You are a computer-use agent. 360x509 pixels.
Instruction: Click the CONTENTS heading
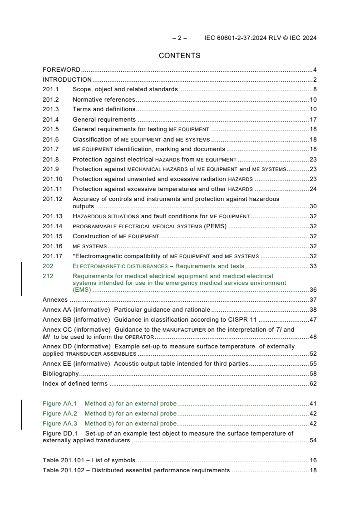(x=179, y=56)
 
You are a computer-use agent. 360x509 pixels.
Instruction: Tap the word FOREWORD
(x=61, y=70)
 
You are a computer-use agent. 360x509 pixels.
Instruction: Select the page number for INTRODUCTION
(x=315, y=80)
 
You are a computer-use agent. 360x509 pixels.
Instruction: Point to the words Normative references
(x=104, y=100)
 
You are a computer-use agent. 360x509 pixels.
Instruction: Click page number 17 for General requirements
(x=313, y=120)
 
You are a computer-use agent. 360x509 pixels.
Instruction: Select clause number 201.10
(x=52, y=179)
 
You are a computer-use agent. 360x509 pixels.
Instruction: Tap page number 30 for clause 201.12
(x=313, y=206)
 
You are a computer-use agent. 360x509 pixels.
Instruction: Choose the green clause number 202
(x=48, y=266)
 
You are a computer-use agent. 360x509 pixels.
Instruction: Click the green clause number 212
(x=48, y=276)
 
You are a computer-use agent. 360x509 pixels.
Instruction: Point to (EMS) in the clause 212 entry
(x=82, y=290)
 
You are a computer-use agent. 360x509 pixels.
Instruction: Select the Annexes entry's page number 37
(x=313, y=300)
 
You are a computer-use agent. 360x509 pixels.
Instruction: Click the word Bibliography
(x=60, y=374)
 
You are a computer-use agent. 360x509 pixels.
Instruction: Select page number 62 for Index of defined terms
(x=313, y=384)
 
